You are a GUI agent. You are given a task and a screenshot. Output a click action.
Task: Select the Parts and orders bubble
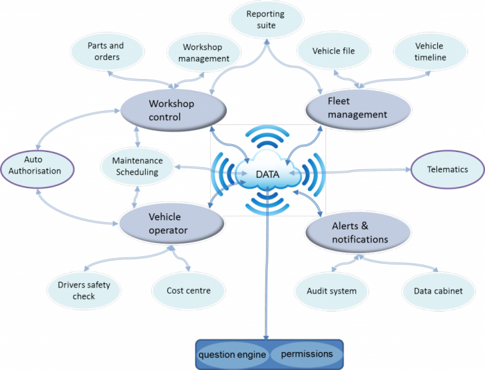click(105, 51)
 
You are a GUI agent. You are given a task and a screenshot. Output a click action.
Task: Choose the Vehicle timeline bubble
click(429, 51)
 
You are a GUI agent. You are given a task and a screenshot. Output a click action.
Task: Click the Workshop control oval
click(173, 110)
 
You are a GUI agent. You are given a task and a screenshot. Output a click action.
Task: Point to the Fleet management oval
click(355, 108)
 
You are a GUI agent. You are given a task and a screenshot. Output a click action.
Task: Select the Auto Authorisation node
click(37, 165)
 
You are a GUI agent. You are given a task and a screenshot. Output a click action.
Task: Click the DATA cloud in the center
click(268, 174)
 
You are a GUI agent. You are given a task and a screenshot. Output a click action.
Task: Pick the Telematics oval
click(448, 169)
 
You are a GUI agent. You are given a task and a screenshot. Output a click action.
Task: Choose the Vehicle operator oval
click(171, 223)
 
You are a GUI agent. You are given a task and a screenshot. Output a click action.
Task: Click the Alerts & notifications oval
click(355, 232)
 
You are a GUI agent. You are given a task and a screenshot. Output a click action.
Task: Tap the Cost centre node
click(189, 290)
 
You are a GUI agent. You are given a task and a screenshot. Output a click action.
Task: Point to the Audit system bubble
click(331, 291)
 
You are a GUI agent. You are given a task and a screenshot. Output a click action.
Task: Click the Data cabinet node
click(438, 291)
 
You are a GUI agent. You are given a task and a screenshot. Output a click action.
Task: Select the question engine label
click(232, 355)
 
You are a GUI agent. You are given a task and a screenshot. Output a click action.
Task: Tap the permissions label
click(307, 354)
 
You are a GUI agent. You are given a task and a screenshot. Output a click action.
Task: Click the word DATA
click(267, 174)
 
